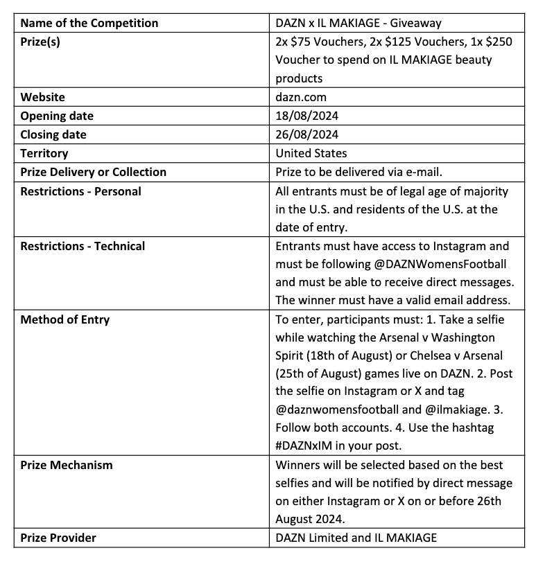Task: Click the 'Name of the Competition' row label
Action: [x=89, y=23]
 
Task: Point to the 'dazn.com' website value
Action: [x=301, y=97]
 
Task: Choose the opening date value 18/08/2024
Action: [x=307, y=116]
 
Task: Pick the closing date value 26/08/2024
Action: [x=307, y=134]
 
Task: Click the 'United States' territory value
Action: [x=311, y=153]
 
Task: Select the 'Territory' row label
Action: [x=44, y=153]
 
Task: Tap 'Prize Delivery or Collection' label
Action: [x=93, y=172]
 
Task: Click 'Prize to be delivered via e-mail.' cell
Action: [x=358, y=172]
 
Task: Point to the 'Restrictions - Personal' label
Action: [x=80, y=191]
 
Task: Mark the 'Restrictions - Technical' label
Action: [x=83, y=246]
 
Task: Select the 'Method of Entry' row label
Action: [x=65, y=319]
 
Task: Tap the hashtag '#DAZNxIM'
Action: [x=309, y=446]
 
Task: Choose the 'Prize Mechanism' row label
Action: [x=66, y=465]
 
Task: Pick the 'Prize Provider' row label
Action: [x=58, y=537]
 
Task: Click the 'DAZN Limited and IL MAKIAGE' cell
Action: [x=356, y=537]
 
